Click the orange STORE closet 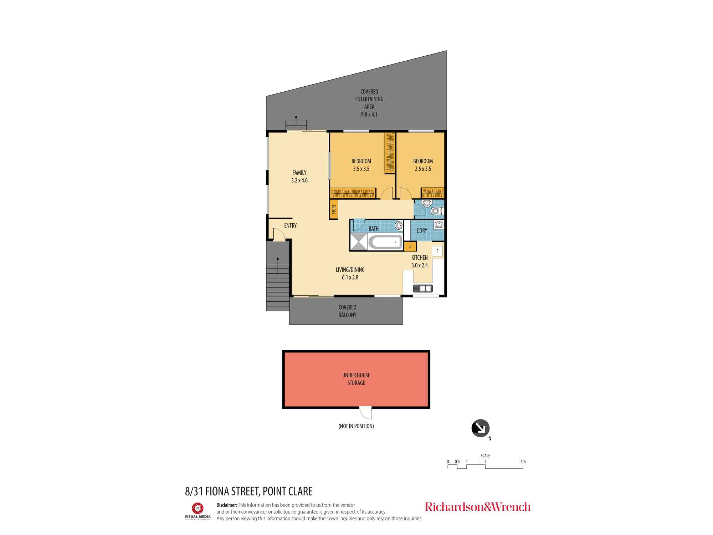pos(333,209)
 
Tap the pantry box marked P pos(410,247)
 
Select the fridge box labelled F pos(437,251)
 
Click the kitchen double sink pos(423,288)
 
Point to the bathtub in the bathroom pos(385,242)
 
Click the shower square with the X pos(359,242)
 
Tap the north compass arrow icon pos(480,428)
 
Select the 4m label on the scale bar pos(523,462)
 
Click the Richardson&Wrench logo pos(478,507)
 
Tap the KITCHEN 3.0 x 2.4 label pos(420,261)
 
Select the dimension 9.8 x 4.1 pos(369,114)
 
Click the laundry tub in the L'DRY pos(439,225)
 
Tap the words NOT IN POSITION pos(356,426)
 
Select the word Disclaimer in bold pos(226,505)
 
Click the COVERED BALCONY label pos(347,311)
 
